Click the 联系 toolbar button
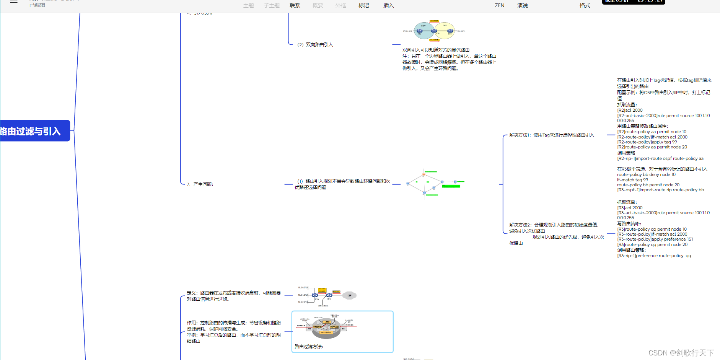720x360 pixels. tap(295, 5)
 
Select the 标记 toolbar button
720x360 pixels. tap(363, 5)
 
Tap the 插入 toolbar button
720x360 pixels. tap(388, 5)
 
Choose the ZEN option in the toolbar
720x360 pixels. tap(499, 5)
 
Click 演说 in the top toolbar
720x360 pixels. tap(522, 5)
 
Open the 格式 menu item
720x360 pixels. tap(585, 5)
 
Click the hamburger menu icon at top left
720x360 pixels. tap(14, 2)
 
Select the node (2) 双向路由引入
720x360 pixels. tap(315, 45)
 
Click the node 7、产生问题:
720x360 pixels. tap(200, 184)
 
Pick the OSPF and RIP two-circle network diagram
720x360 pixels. tap(434, 31)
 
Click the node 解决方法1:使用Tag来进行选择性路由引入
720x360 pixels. tap(552, 135)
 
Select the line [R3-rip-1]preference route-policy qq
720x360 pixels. tap(654, 256)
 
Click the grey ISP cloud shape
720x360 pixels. tap(349, 295)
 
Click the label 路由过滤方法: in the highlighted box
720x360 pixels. tap(309, 347)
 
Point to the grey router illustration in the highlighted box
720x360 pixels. tap(326, 328)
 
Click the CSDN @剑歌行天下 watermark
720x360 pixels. tap(681, 353)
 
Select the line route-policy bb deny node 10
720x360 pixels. tap(646, 174)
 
